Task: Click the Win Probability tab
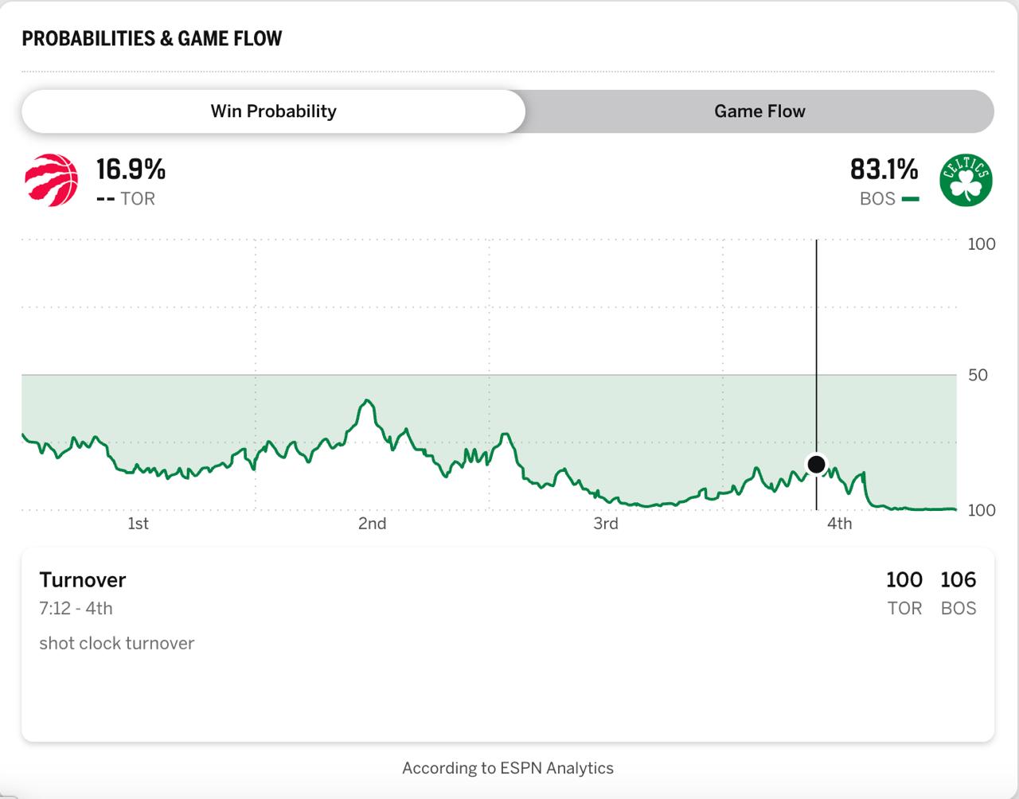[273, 111]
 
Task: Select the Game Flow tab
[759, 111]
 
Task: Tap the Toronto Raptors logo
[52, 181]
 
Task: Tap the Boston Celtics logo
[966, 181]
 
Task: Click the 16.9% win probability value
[131, 169]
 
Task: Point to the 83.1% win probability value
[884, 169]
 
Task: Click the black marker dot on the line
[816, 464]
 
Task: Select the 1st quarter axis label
[138, 524]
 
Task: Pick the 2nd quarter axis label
[372, 524]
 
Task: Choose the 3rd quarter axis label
[606, 524]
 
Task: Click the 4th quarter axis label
[839, 524]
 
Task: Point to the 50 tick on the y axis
[978, 375]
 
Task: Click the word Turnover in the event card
[83, 580]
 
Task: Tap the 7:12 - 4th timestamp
[76, 609]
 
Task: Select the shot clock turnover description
[116, 644]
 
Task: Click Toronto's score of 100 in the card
[904, 580]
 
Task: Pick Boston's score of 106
[958, 580]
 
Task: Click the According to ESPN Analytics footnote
[508, 769]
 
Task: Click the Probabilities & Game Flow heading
[152, 39]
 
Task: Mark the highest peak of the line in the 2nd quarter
[367, 400]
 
